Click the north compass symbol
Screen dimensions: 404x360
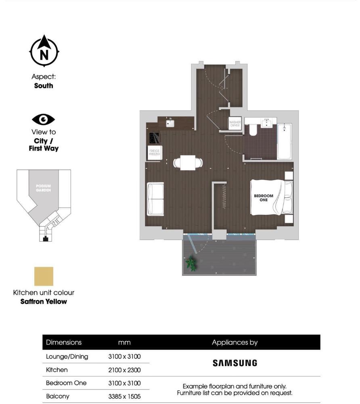click(44, 51)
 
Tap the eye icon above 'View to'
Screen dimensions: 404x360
click(44, 120)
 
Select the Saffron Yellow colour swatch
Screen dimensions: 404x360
click(44, 276)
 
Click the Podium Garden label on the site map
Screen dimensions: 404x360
click(43, 188)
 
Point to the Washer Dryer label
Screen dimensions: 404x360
click(234, 124)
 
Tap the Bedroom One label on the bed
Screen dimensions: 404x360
click(263, 198)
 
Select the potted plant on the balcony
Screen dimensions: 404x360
click(190, 264)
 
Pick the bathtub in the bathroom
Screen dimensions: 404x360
click(285, 141)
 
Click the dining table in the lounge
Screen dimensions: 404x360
click(188, 162)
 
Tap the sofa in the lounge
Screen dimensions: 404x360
click(156, 199)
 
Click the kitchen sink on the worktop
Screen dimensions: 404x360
click(170, 122)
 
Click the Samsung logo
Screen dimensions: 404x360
click(234, 363)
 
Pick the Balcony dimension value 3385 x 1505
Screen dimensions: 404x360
click(124, 396)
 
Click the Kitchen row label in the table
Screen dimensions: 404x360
click(57, 370)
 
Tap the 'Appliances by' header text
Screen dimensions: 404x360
click(234, 343)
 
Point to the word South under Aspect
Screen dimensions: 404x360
click(44, 86)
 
